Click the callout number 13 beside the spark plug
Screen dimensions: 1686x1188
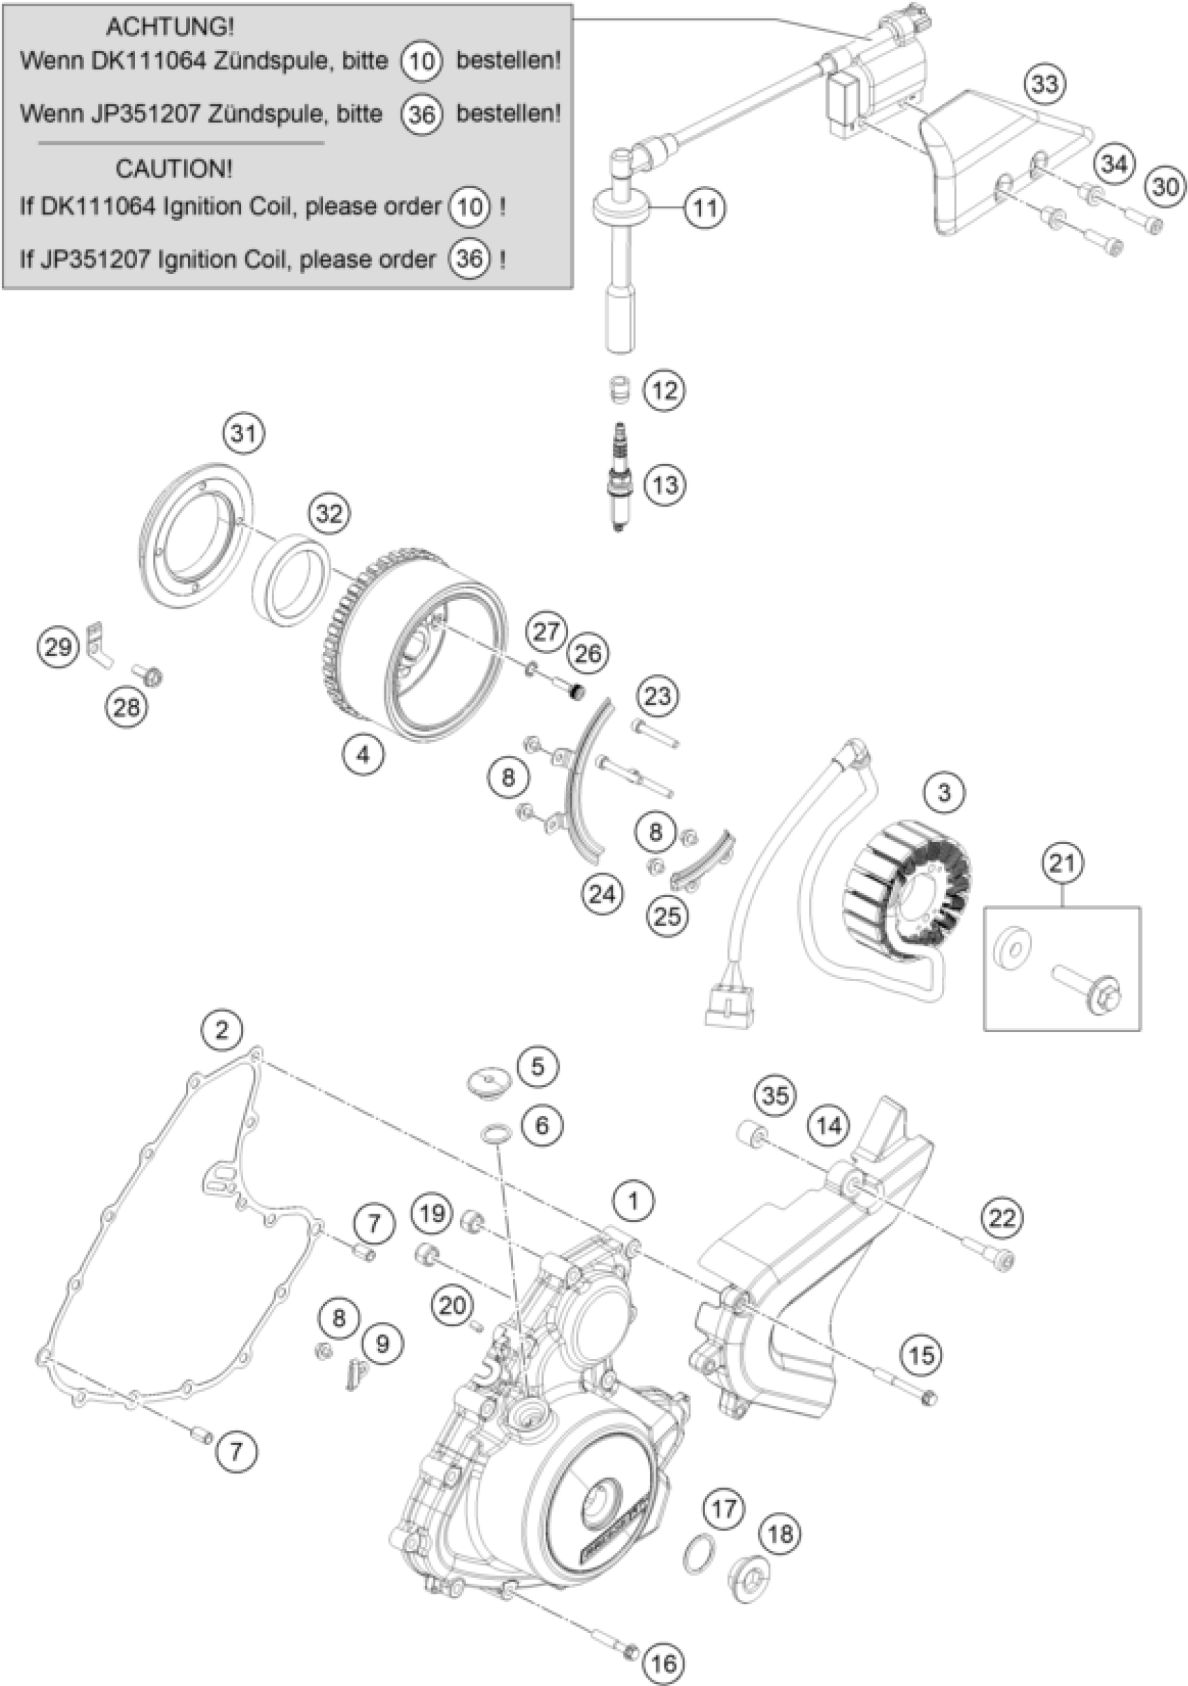[665, 485]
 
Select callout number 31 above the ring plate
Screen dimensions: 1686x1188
[245, 434]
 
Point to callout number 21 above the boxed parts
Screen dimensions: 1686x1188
[1062, 864]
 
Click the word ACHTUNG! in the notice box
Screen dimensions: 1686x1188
[171, 27]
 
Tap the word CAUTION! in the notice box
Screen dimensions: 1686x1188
[173, 169]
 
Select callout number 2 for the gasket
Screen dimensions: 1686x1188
[222, 1031]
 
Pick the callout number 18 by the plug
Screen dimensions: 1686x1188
[780, 1533]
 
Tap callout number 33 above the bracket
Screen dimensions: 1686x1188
[1045, 84]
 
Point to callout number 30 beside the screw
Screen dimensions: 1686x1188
[1165, 187]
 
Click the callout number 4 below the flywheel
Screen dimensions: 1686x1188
[364, 753]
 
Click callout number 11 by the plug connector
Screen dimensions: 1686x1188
[705, 208]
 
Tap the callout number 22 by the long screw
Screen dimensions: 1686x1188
[1002, 1219]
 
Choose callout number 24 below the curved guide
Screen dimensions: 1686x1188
[602, 894]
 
